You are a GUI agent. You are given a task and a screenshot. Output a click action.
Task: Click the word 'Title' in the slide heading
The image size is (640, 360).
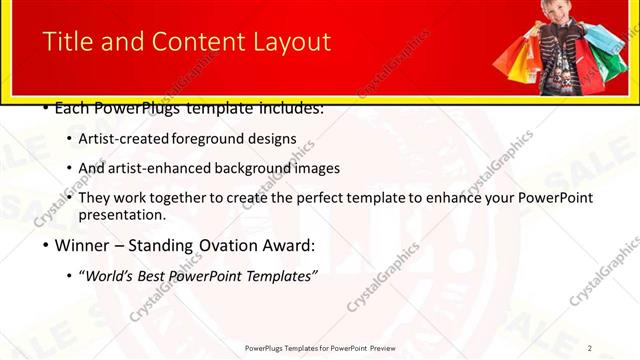coord(68,42)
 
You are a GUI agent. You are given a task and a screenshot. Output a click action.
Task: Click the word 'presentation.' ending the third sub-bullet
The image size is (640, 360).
coord(122,214)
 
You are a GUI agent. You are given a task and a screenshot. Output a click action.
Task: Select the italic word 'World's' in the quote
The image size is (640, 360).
coord(111,275)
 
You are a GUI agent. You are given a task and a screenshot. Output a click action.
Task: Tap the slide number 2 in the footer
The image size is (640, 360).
coord(590,348)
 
